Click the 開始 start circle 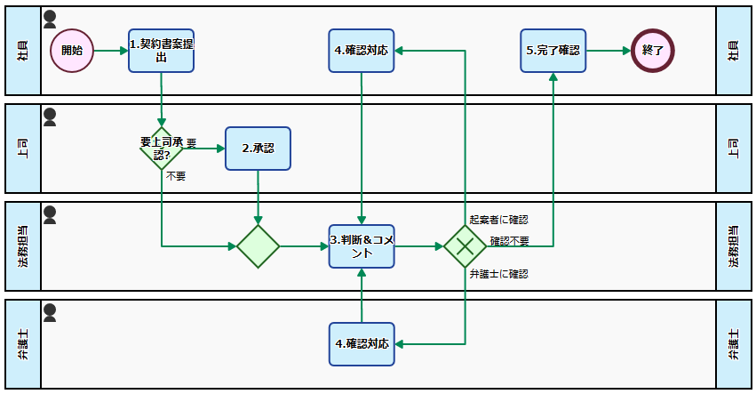pos(72,51)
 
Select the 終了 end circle pos(653,51)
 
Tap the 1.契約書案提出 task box pos(161,51)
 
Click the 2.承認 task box pos(258,149)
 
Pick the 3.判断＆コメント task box pos(362,245)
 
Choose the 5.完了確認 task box pos(553,51)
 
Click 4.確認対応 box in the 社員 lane pos(362,51)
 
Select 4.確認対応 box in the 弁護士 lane pos(362,343)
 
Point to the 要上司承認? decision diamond pos(162,149)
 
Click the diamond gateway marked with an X pos(465,246)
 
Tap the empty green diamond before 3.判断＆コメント pos(259,246)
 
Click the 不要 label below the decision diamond pos(176,176)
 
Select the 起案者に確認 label pos(498,220)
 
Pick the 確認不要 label pos(509,241)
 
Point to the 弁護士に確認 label pos(498,274)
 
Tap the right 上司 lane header pos(733,149)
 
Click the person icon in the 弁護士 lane pos(50,311)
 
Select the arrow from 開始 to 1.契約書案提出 pos(110,51)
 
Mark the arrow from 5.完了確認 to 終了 pos(609,51)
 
